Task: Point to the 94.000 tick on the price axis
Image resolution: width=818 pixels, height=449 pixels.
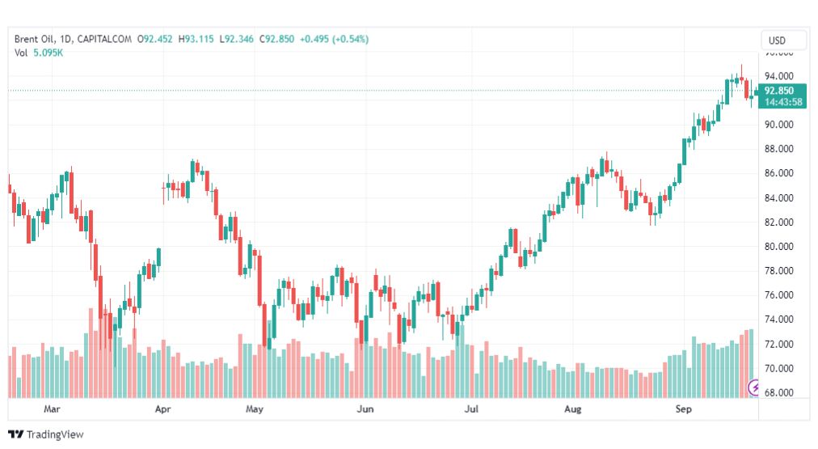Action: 779,76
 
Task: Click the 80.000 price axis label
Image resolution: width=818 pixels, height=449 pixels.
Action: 779,247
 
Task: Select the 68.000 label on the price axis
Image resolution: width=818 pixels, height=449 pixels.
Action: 779,392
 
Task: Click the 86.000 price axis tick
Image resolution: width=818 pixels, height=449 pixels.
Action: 779,173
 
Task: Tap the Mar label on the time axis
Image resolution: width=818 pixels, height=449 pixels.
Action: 52,409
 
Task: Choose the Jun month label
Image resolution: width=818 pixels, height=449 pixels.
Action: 365,409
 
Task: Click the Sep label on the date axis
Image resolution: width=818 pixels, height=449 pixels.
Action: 683,409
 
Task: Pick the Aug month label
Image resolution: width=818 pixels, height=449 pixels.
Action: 572,409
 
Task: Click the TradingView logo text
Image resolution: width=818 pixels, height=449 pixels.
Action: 55,434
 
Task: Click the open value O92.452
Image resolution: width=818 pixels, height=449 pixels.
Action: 155,39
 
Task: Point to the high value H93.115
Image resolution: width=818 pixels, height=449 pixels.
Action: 196,39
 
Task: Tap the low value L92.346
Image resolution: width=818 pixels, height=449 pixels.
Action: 236,39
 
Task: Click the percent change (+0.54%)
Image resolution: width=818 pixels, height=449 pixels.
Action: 351,39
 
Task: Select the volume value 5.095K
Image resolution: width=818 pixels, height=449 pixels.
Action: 48,53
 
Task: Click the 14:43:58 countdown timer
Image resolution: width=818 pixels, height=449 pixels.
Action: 783,102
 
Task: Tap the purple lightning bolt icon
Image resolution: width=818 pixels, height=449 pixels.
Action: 754,388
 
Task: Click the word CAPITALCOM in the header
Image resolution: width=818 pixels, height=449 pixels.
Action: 104,39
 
